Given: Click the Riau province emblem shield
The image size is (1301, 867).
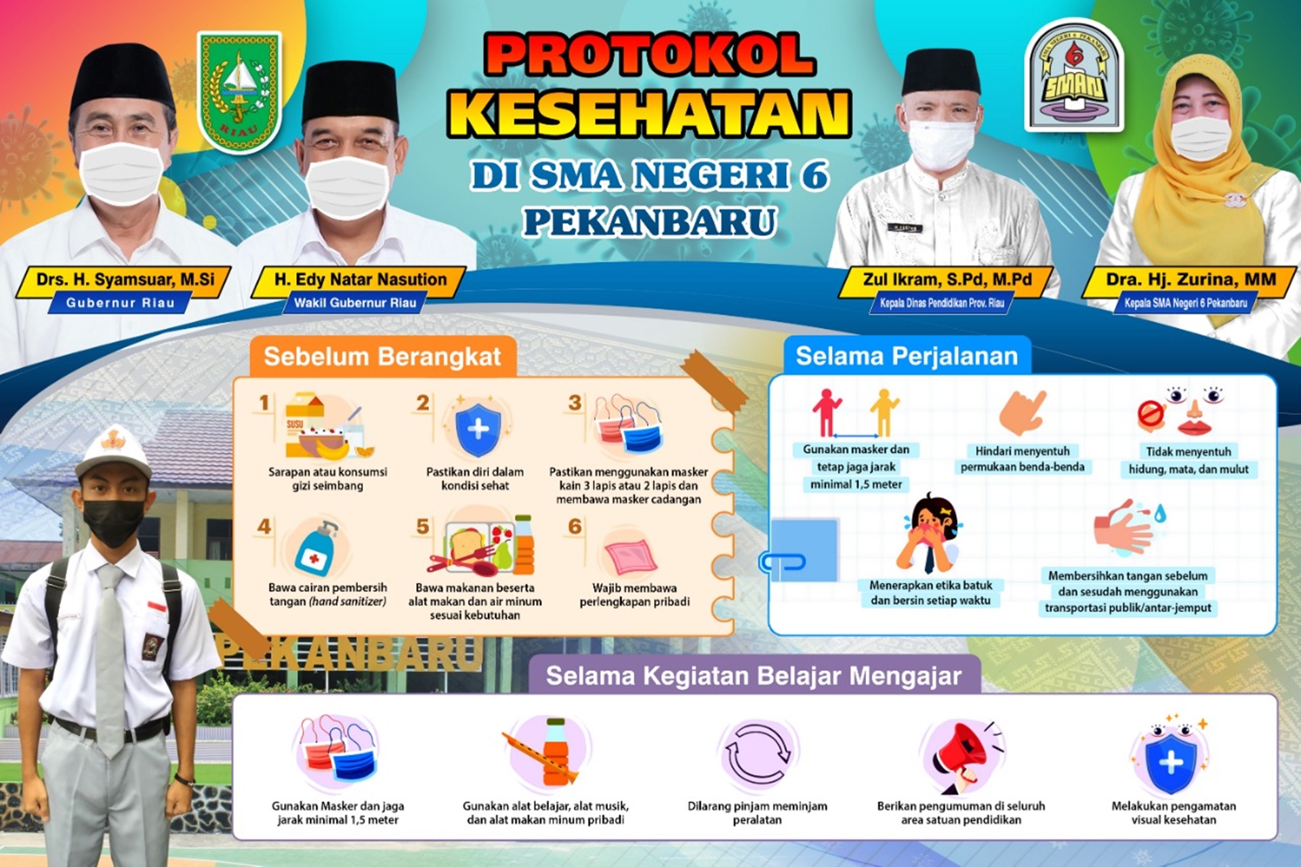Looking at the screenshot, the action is click(239, 91).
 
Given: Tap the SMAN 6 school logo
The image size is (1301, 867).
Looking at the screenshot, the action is click(1074, 76).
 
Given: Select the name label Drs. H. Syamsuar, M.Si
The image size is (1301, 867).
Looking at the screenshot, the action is click(125, 279).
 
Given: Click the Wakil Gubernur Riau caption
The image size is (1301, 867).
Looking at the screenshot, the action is click(355, 303).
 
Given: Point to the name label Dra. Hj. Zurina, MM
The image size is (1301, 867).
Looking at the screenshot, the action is click(1191, 279).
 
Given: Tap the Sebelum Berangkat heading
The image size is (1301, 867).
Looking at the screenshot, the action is click(382, 356).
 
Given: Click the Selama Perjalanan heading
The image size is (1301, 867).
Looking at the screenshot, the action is click(907, 356).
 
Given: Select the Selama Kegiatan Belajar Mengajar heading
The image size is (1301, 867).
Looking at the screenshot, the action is click(753, 676).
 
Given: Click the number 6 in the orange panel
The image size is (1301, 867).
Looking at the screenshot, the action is click(575, 526).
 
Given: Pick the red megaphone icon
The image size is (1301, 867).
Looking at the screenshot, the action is click(962, 757).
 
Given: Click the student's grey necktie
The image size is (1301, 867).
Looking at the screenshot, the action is click(110, 660).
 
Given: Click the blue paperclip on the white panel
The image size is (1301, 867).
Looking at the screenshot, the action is click(783, 562).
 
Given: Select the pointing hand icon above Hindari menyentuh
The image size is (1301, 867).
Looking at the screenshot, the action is click(1023, 412).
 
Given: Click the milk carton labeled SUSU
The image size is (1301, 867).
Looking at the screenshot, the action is click(304, 423).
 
